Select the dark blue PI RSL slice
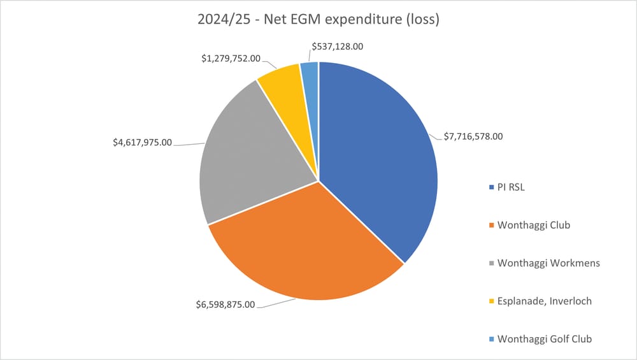382,159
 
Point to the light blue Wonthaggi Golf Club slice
311,73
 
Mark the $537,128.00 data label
346,47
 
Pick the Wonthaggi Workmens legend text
548,263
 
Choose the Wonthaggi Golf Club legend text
545,338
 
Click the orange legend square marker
491,226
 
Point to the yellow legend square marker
491,301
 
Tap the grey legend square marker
491,263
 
